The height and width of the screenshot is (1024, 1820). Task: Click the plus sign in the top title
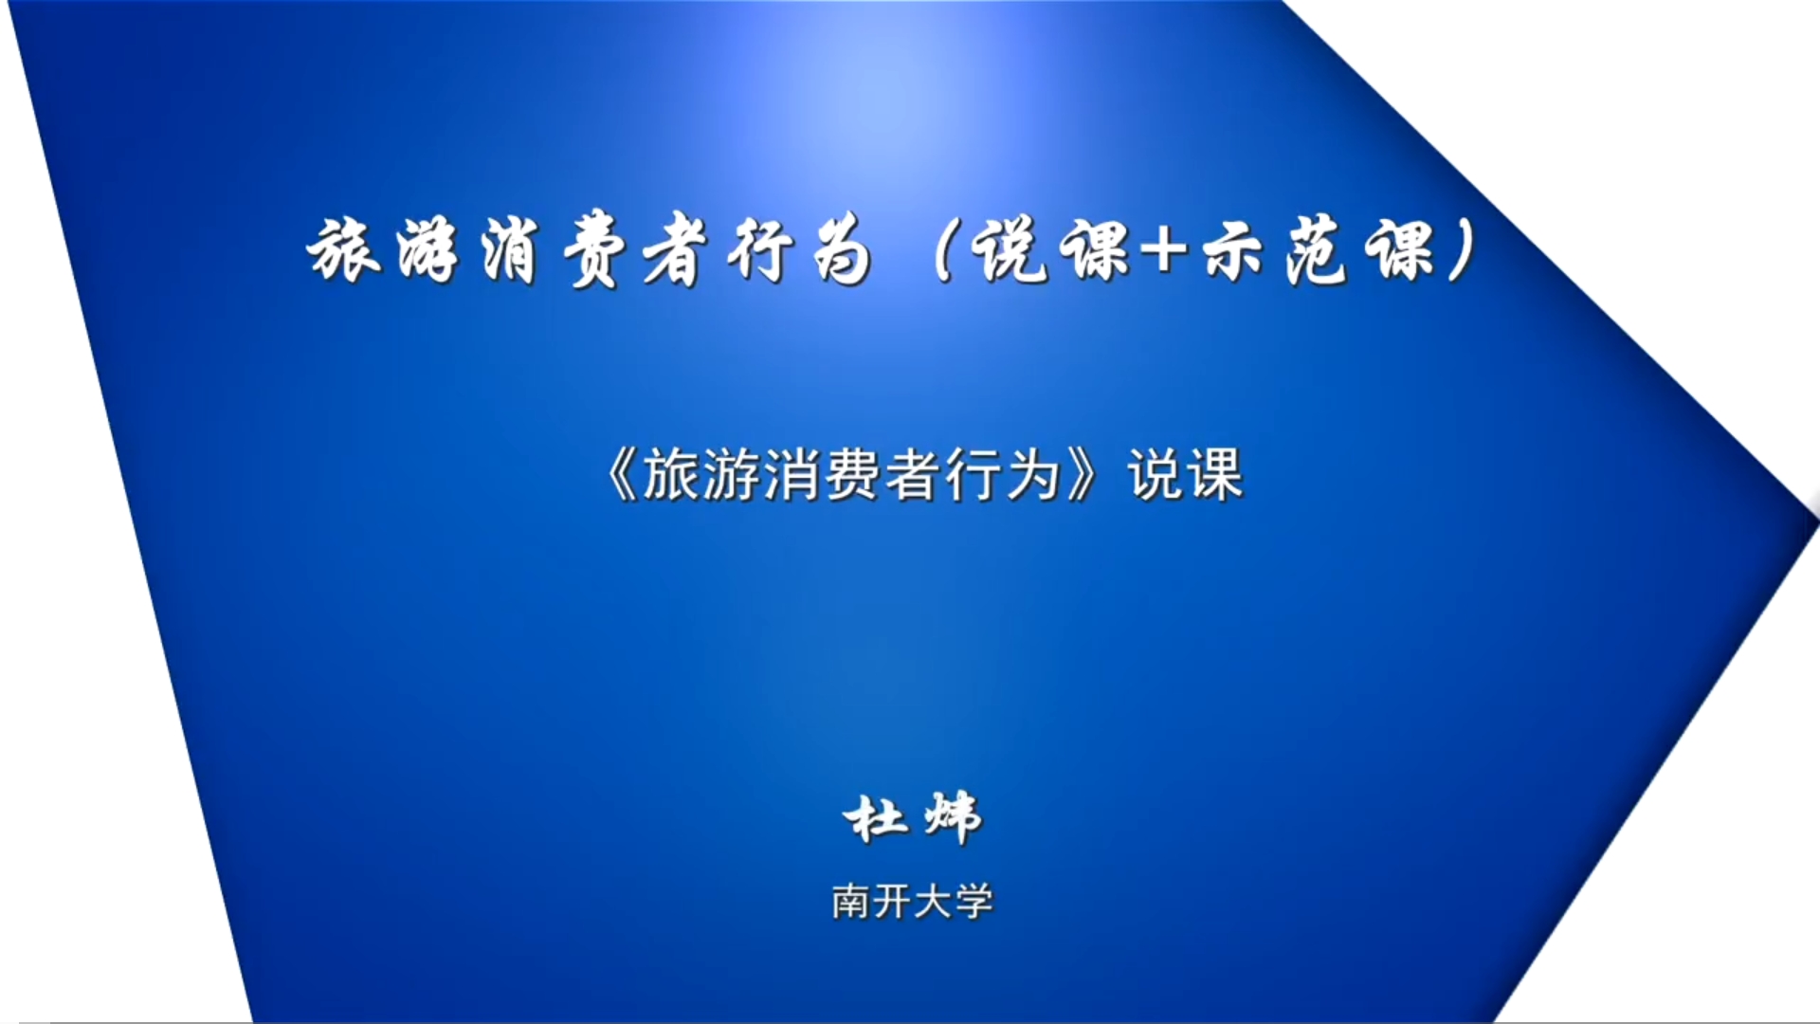[1163, 249]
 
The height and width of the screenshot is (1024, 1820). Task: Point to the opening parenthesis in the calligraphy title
[942, 251]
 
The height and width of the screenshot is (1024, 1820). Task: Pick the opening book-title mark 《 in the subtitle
[621, 474]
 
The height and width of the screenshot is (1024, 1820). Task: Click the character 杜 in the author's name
[874, 818]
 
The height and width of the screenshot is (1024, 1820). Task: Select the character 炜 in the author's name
[953, 818]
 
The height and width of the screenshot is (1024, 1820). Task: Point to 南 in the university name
[850, 901]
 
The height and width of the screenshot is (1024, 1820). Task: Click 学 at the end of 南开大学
[974, 901]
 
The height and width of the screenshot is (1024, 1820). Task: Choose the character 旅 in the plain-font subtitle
[671, 474]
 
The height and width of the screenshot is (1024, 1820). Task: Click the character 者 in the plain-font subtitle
[913, 474]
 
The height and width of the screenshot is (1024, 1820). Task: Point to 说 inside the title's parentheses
[1010, 251]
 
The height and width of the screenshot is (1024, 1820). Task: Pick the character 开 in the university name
[892, 901]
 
